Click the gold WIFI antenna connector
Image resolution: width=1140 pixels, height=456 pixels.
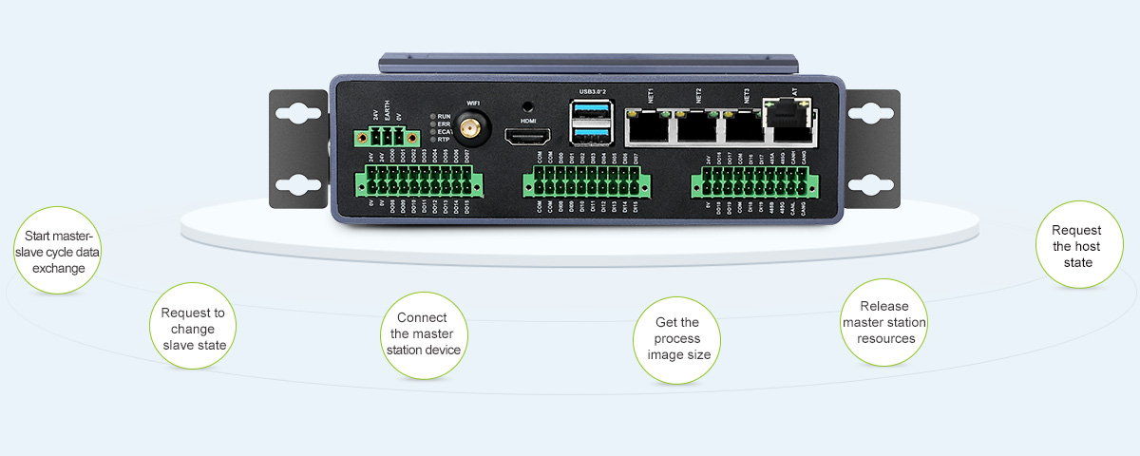[469, 127]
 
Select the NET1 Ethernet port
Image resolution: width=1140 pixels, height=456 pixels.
[648, 124]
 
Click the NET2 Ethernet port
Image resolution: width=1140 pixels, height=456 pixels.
[695, 124]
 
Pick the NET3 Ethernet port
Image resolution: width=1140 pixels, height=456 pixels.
[742, 124]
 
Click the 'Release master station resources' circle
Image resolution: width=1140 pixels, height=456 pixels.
[885, 322]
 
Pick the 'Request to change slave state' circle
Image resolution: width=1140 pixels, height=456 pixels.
[194, 328]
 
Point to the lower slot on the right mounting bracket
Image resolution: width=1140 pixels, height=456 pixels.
[868, 184]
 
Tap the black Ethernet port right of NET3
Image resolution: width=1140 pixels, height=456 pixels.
[787, 119]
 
